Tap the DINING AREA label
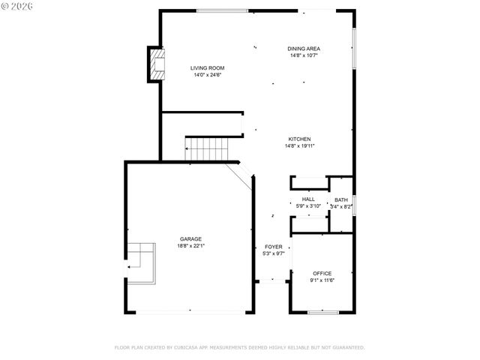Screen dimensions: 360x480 point(304,49)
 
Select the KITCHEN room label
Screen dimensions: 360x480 point(300,139)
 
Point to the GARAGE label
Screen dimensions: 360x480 point(190,238)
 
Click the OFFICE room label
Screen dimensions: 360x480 point(322,273)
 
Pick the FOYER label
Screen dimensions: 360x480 point(273,246)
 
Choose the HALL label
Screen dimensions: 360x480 point(308,199)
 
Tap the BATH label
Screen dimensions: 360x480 point(341,199)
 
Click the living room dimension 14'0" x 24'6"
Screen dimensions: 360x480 point(208,75)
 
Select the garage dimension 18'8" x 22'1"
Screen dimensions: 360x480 point(190,246)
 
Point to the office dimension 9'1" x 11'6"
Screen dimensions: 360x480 point(322,280)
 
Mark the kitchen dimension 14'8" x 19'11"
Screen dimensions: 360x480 point(300,146)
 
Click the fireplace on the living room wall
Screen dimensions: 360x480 point(155,64)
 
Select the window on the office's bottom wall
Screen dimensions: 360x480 point(322,312)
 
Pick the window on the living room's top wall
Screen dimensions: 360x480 point(222,10)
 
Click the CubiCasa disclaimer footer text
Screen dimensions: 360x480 point(239,347)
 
